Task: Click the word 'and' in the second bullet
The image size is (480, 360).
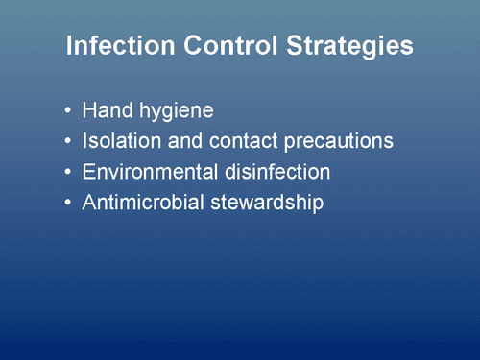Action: click(180, 141)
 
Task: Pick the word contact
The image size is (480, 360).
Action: click(235, 141)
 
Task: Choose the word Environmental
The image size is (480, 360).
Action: click(146, 173)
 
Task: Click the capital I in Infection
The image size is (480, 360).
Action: click(69, 46)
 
